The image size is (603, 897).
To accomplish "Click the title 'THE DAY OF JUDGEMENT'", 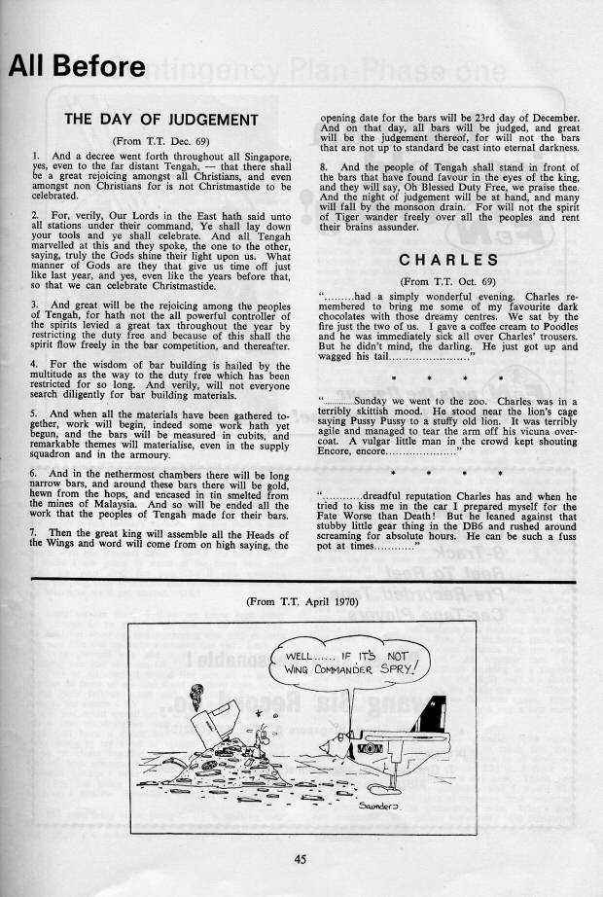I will pyautogui.click(x=160, y=121).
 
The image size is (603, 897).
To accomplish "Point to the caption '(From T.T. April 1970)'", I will pyautogui.click(x=301, y=603).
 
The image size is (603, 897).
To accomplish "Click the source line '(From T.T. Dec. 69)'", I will pyautogui.click(x=160, y=140).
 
